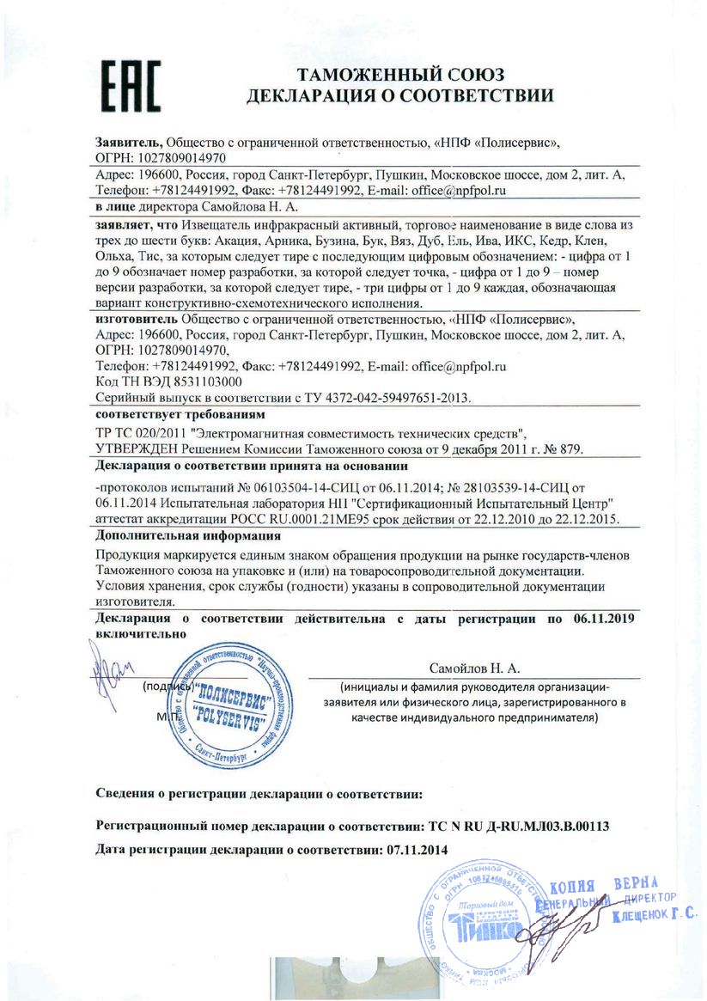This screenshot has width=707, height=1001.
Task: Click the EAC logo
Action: tap(131, 86)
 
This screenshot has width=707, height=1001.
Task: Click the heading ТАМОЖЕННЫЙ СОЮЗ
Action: tap(400, 74)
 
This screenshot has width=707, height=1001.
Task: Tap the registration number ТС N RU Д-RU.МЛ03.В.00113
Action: tap(518, 827)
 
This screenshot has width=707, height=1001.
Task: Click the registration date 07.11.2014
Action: tap(413, 850)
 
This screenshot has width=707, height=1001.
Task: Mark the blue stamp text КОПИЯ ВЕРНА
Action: tap(603, 887)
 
